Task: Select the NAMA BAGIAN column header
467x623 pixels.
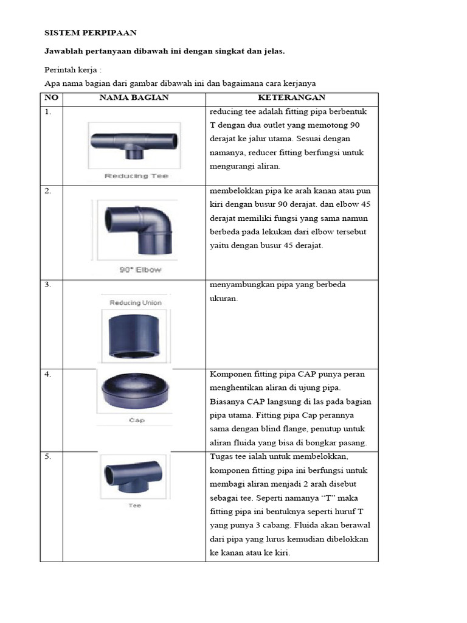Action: click(x=134, y=97)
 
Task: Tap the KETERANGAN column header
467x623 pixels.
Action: click(x=291, y=97)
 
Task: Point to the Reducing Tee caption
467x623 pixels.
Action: click(x=136, y=176)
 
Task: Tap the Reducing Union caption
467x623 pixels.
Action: click(x=135, y=302)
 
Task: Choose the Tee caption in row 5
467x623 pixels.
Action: click(x=134, y=505)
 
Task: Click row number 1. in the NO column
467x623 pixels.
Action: click(x=47, y=112)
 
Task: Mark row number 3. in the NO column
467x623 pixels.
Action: click(x=47, y=285)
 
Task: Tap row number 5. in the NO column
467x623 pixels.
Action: click(x=47, y=456)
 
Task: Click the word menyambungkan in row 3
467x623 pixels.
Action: click(x=242, y=285)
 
